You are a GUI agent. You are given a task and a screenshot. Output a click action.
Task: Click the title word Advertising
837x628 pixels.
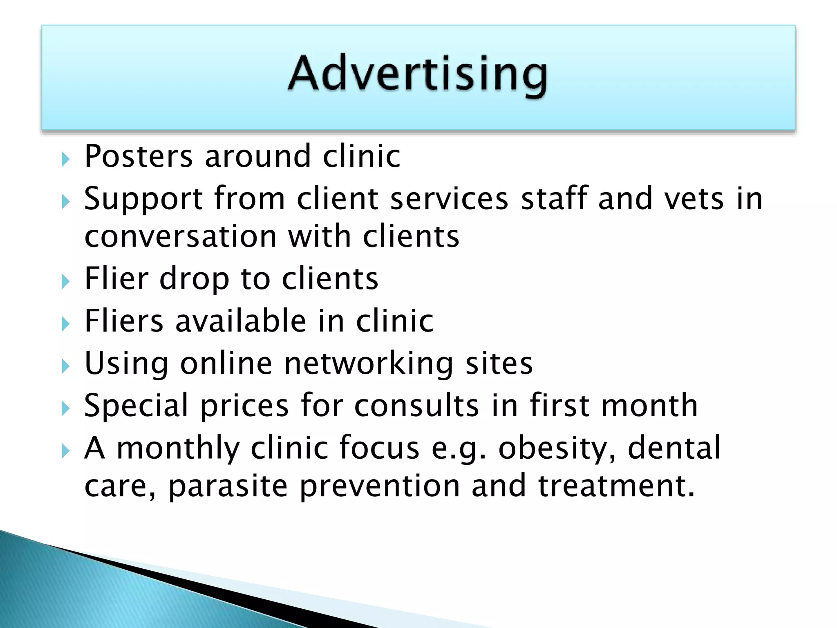(418, 74)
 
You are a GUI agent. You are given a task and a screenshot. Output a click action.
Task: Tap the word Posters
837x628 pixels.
(138, 156)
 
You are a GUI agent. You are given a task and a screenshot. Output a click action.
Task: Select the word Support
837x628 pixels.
(143, 199)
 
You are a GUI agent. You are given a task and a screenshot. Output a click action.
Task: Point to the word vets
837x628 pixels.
(694, 199)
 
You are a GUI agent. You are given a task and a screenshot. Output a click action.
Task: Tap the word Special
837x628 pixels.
(136, 406)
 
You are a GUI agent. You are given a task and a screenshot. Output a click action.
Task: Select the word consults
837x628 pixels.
(416, 406)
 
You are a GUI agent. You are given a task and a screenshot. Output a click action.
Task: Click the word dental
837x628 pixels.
(674, 448)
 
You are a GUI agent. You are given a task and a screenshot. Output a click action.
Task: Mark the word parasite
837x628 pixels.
(228, 487)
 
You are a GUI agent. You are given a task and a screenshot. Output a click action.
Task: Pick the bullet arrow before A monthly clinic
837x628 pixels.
(66, 451)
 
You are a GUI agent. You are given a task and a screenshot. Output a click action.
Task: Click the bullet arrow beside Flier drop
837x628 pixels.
(66, 281)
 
